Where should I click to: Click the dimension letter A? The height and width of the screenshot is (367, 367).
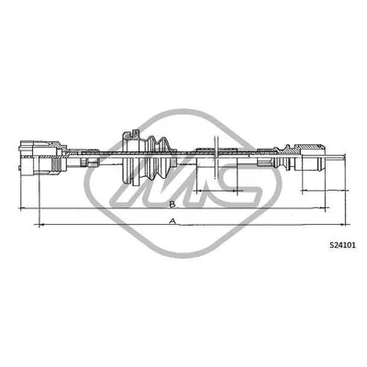[173, 221]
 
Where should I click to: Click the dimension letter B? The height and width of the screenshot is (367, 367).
[172, 204]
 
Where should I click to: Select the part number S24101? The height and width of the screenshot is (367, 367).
[342, 245]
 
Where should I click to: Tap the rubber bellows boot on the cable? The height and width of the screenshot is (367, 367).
[158, 158]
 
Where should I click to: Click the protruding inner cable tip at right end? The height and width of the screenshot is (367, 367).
[336, 157]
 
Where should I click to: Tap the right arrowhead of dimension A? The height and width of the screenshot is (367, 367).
[342, 225]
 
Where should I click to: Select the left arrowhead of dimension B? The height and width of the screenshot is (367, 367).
[22, 208]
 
